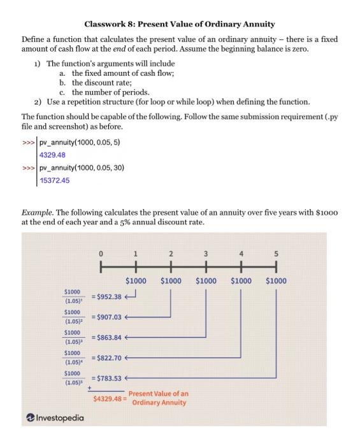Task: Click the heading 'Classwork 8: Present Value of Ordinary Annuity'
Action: [180, 24]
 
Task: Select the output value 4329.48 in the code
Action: [52, 155]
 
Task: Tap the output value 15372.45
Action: [55, 180]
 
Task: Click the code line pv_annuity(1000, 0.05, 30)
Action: [82, 168]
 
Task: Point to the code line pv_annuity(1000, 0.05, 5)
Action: [79, 142]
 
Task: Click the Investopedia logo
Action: [55, 418]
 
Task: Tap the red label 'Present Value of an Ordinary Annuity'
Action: [158, 398]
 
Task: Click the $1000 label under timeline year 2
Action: [171, 280]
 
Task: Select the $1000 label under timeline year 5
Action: [276, 280]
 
